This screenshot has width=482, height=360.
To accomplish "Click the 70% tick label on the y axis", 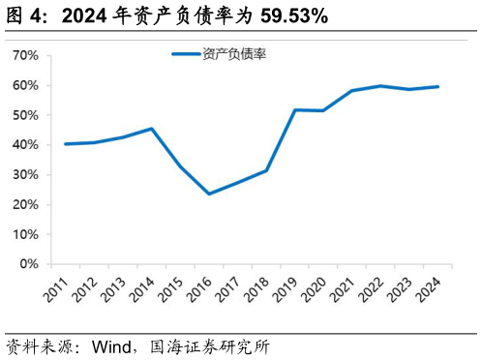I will (24, 56).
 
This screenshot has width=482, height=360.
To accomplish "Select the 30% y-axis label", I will (24, 175).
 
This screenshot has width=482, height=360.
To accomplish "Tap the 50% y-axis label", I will (24, 115).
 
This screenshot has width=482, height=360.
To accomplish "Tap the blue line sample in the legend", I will (186, 54).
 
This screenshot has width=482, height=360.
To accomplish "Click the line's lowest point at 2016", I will (208, 194).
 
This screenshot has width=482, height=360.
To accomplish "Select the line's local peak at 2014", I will (151, 129).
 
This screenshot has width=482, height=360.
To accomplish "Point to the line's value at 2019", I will (293, 109).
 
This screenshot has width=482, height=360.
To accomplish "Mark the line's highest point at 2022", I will (380, 86).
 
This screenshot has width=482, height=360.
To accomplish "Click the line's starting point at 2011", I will (65, 144).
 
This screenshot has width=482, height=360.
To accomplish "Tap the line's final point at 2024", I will (437, 86).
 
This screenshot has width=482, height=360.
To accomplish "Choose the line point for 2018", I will (266, 170).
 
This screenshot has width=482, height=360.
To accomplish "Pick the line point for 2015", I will (180, 166).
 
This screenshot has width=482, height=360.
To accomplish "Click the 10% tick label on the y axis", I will (24, 234).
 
